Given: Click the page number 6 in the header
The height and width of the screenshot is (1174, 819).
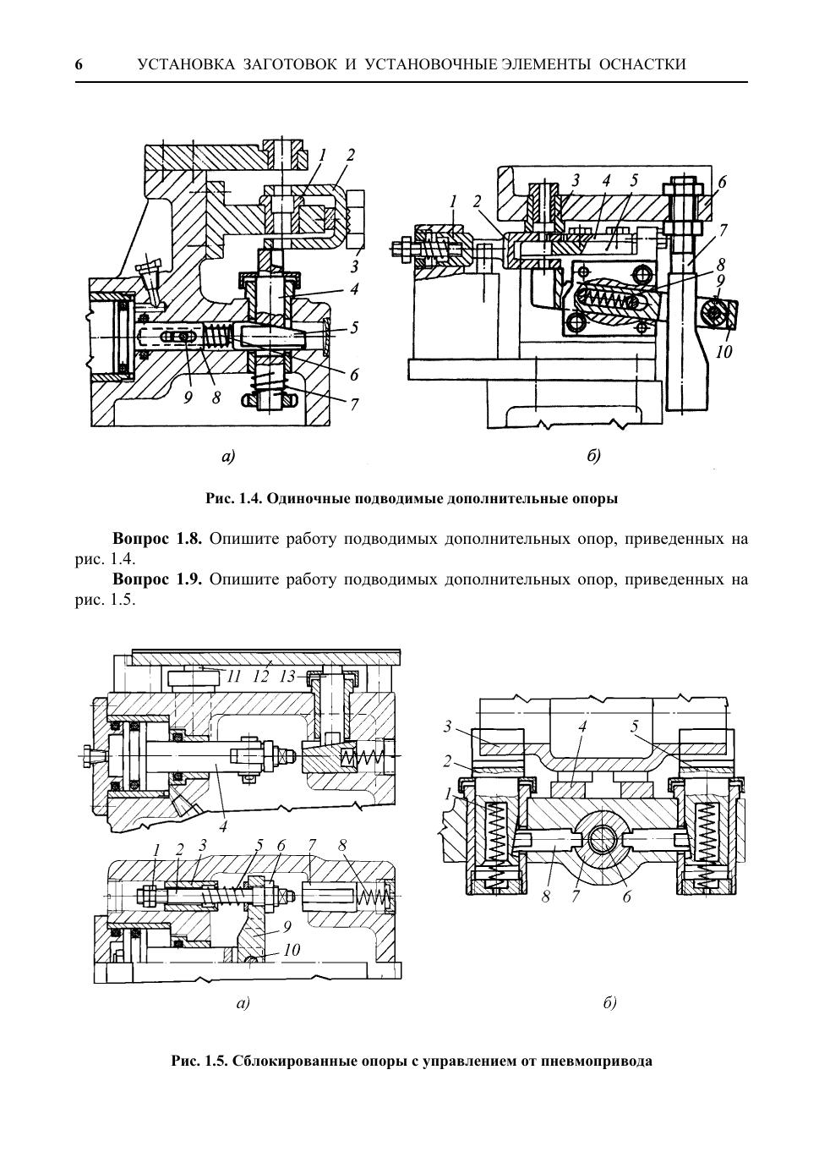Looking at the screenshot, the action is (x=79, y=65).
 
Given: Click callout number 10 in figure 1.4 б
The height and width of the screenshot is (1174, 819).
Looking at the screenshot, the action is (x=723, y=352).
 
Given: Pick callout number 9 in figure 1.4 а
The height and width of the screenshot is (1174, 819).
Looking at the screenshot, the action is (x=188, y=398).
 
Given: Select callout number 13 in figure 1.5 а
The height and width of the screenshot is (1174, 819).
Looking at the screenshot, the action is (x=288, y=677).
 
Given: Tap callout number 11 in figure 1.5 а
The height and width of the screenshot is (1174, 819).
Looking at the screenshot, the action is (x=233, y=677).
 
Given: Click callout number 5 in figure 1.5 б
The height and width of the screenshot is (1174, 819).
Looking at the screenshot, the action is (x=634, y=727).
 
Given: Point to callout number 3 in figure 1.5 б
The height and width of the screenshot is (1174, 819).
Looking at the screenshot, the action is (x=448, y=727).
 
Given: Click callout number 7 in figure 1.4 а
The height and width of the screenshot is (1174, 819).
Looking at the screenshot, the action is (x=354, y=404).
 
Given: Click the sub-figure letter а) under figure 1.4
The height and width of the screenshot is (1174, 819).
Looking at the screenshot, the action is (x=227, y=457).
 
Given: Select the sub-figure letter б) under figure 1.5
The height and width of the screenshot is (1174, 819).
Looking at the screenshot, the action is (x=609, y=1004).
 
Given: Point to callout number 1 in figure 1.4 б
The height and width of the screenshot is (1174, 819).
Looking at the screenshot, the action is (x=454, y=201).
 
